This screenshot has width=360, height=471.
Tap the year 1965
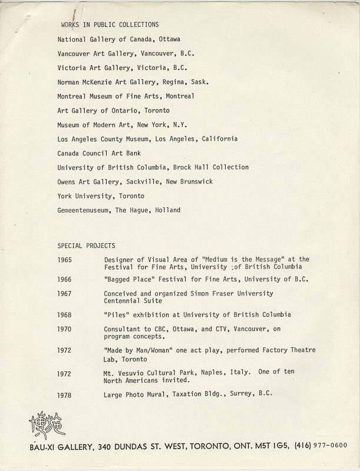[x=65, y=259]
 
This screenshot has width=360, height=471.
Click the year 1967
[x=65, y=293]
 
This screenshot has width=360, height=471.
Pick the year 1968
[x=65, y=314]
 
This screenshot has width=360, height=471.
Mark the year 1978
[x=65, y=394]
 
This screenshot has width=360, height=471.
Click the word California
[x=218, y=139]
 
